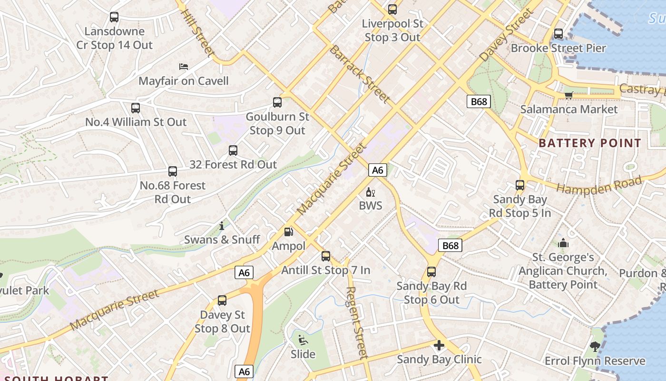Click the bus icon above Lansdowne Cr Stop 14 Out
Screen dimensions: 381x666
click(114, 17)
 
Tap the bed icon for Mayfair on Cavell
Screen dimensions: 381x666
click(184, 66)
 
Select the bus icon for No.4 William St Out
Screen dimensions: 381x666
click(136, 108)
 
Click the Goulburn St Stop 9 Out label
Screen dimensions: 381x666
click(277, 123)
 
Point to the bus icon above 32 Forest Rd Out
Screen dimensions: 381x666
click(233, 150)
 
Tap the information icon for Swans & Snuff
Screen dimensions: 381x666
click(222, 226)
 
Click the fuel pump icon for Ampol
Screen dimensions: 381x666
click(288, 232)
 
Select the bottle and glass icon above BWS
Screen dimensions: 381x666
click(371, 192)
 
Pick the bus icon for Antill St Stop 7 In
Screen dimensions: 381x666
click(326, 256)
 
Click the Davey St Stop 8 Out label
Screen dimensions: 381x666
click(222, 321)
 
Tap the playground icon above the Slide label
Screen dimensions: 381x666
click(303, 340)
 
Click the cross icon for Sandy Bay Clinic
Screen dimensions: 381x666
click(439, 345)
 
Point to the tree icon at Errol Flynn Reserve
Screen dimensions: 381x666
click(595, 346)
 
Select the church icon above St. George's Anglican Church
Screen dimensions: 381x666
click(563, 243)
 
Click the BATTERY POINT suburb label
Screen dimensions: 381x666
click(590, 143)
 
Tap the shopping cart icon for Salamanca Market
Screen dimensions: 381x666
click(568, 95)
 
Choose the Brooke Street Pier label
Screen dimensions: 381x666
click(558, 48)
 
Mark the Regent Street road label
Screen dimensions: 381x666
click(356, 322)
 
